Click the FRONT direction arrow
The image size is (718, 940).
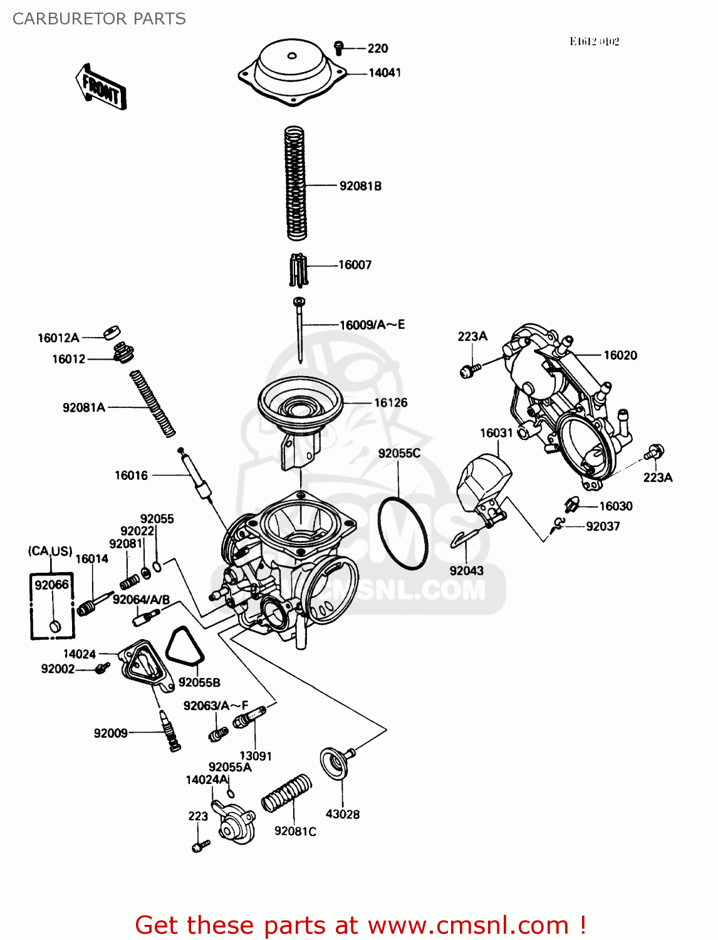coord(101,87)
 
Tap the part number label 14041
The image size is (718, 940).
coord(384,73)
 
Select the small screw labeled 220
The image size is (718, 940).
coord(339,46)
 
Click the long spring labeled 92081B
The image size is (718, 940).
coord(296,183)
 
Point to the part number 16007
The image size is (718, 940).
coord(355,265)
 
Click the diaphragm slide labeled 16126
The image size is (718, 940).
coord(300,407)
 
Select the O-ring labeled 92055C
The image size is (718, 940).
coord(403,533)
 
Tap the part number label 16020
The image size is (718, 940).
coord(620,355)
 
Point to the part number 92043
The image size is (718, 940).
coord(466,571)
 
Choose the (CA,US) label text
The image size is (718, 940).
coord(50,551)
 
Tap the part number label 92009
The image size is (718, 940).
coord(110,733)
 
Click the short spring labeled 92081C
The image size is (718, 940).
coord(286,793)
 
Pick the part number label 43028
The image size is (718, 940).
coord(343,814)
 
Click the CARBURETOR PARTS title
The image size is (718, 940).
coord(99,19)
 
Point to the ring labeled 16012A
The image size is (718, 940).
coord(112,332)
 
